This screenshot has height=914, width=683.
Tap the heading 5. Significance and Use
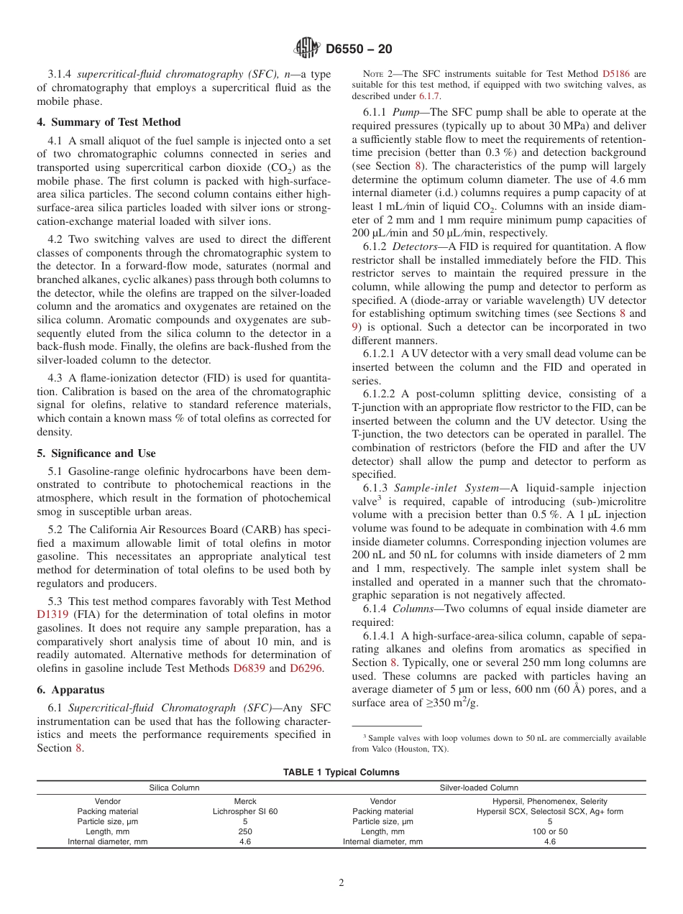96,453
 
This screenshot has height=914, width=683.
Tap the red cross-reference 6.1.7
431,96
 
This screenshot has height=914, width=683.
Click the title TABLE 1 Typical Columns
341,772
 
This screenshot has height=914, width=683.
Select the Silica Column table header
174,788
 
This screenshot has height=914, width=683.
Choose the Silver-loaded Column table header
478,788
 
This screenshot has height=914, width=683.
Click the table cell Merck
244,801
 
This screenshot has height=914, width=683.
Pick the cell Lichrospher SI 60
244,811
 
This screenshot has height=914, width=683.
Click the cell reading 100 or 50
549,832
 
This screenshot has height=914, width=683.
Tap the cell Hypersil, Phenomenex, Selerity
549,801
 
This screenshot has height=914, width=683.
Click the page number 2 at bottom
341,883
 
